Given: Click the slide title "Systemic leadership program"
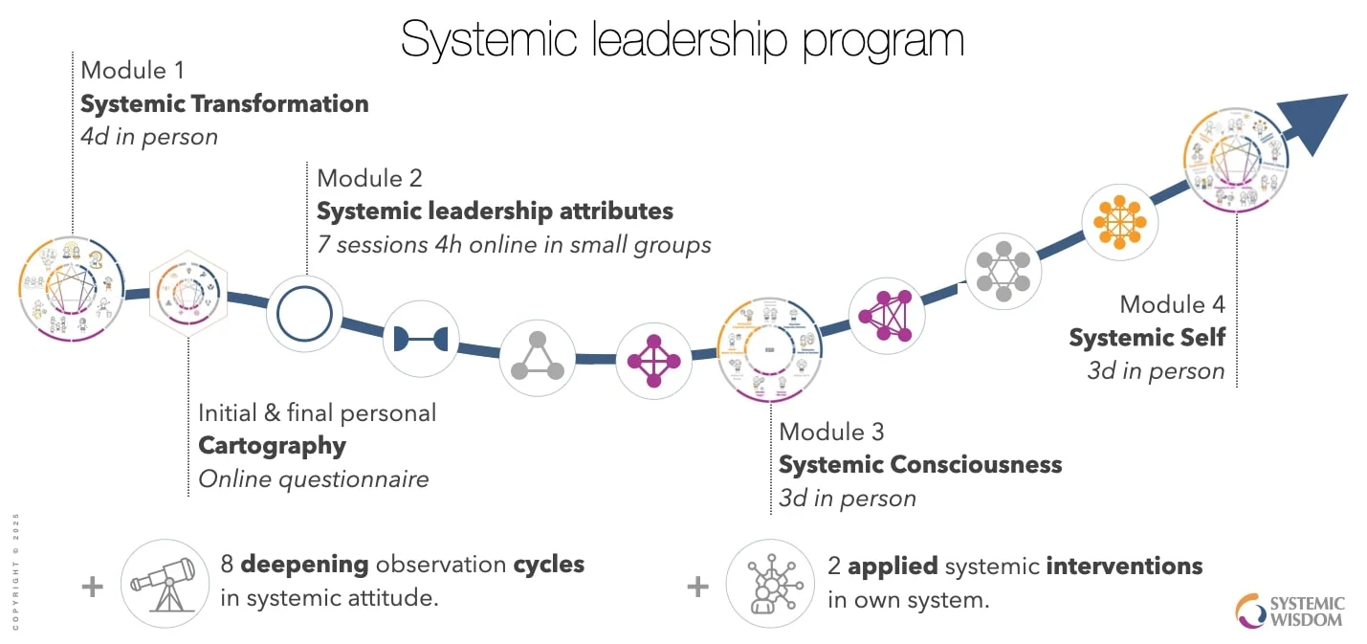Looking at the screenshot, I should (x=682, y=39).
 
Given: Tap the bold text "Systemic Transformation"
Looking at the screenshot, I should (x=225, y=103).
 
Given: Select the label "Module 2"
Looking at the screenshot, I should (x=369, y=178).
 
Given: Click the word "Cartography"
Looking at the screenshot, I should (x=272, y=445).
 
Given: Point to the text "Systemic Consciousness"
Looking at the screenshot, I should (x=919, y=464).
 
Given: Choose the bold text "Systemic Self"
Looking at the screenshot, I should (x=1146, y=338).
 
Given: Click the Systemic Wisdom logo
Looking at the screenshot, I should (x=1290, y=611).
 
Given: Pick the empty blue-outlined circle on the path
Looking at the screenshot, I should (x=304, y=313).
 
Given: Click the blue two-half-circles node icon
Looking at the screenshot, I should (x=421, y=338).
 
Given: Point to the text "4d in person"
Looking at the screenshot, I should (x=149, y=136).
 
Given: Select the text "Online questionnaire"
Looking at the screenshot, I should (x=313, y=478).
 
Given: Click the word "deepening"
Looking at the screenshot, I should (x=304, y=564).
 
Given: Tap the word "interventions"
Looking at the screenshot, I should (x=1124, y=566).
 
